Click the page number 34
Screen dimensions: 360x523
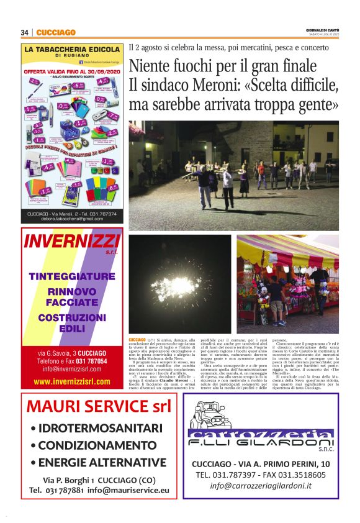[25, 32]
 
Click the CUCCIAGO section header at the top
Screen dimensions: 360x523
[55, 32]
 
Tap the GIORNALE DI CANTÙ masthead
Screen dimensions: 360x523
[323, 30]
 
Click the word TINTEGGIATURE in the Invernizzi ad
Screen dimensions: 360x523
[72, 276]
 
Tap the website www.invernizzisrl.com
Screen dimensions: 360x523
[71, 380]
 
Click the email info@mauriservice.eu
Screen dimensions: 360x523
[127, 490]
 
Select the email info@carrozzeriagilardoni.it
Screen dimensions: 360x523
[269, 486]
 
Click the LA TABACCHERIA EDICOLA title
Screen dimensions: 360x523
[71, 49]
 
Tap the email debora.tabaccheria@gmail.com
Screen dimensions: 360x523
[71, 219]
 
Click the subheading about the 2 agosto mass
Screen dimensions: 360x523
[228, 47]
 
